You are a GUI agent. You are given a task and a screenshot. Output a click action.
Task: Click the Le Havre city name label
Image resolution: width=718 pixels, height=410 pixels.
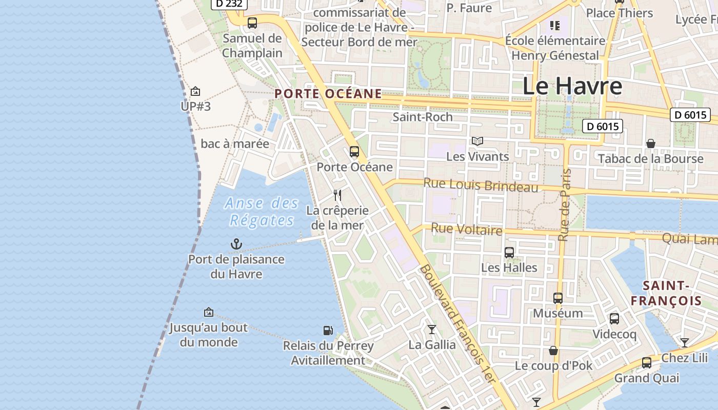[572, 86]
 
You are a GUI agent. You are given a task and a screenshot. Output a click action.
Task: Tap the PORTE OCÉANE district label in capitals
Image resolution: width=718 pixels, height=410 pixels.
[328, 94]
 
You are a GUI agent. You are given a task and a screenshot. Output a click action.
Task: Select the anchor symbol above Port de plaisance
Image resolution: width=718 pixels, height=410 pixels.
[236, 244]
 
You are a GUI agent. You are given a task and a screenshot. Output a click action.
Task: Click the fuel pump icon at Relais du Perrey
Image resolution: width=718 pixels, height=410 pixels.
[328, 331]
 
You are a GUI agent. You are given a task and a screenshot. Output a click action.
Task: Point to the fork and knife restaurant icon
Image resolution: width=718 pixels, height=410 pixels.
[337, 195]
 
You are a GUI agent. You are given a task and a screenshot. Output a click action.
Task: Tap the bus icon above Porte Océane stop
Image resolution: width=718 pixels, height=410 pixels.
[354, 152]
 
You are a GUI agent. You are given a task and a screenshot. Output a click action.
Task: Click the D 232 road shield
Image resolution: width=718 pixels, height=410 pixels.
[229, 4]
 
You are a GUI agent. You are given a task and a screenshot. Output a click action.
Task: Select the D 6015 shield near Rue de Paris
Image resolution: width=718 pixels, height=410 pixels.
[602, 126]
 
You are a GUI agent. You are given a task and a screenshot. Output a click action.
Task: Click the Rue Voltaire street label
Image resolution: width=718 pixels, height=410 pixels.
[466, 229]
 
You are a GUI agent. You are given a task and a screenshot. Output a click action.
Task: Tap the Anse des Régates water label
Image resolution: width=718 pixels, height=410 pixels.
[262, 212]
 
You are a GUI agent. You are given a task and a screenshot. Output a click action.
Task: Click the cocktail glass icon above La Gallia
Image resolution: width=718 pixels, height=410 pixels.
[432, 330]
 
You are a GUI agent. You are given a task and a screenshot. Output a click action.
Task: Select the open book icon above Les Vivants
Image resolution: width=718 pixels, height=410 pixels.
[477, 141]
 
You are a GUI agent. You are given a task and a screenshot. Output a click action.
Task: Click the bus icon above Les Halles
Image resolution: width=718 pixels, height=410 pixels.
[509, 253]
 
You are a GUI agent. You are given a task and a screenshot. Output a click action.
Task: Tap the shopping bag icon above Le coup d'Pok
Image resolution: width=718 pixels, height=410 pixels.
[553, 351]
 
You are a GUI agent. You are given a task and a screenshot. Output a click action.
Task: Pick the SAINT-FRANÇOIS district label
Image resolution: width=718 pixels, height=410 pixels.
[666, 293]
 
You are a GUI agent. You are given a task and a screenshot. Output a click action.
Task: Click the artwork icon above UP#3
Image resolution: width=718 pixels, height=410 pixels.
[195, 92]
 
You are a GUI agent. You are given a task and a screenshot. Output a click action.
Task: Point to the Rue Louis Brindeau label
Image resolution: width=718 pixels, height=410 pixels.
[481, 185]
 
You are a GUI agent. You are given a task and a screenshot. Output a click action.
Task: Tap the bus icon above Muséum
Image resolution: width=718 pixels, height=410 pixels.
[558, 298]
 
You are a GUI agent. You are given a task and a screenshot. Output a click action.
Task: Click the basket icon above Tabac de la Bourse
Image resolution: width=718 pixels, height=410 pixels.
[651, 143]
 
